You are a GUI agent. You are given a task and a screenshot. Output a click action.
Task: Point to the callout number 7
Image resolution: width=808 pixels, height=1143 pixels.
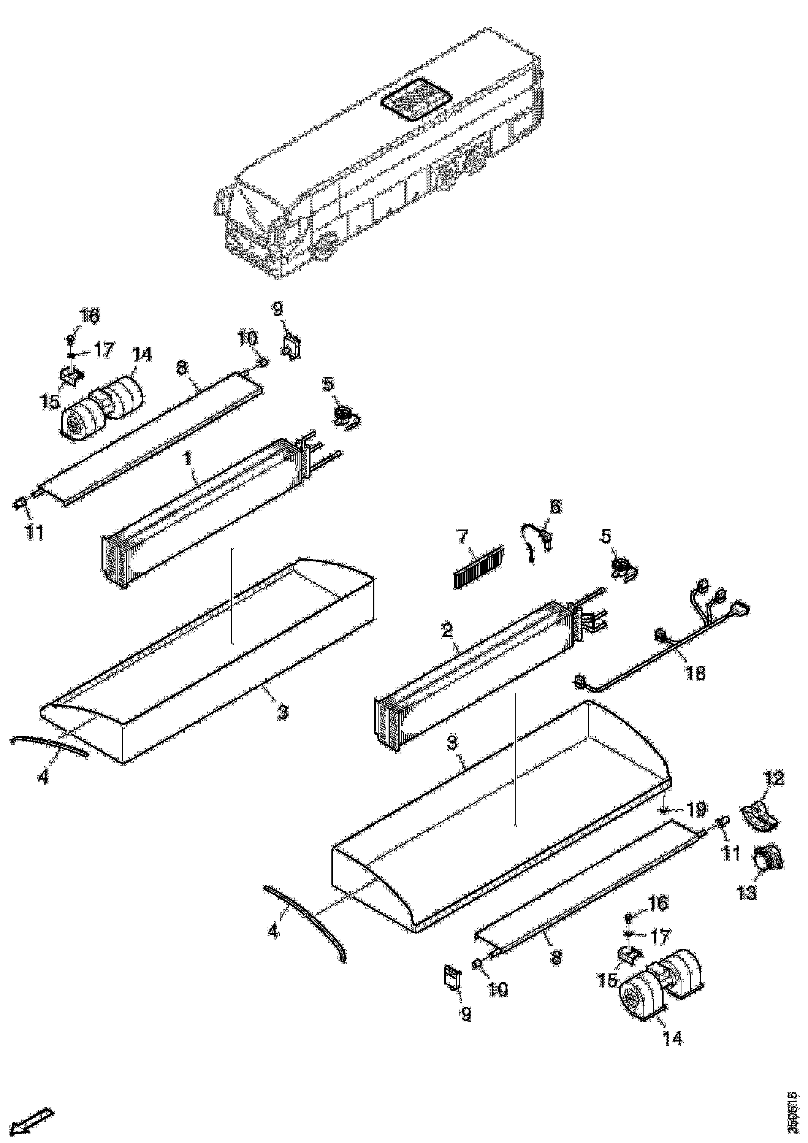[x=463, y=537]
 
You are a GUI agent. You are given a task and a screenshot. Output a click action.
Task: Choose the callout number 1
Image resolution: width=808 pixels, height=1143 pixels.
[x=188, y=459]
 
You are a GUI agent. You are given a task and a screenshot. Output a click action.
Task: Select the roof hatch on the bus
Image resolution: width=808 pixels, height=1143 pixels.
[x=417, y=100]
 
